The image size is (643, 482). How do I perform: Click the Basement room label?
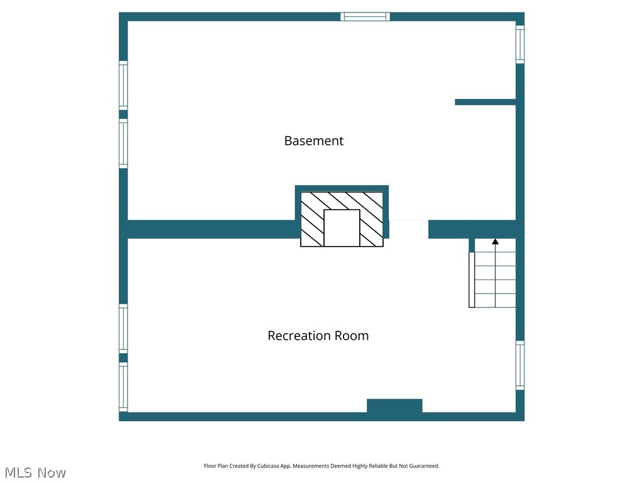pyautogui.click(x=313, y=141)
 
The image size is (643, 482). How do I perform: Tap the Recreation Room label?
pyautogui.click(x=318, y=336)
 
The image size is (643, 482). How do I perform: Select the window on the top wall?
pyautogui.click(x=365, y=16)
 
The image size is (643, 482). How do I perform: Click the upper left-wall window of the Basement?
pyautogui.click(x=123, y=85)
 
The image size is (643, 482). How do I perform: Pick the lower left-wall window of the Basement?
pyautogui.click(x=123, y=144)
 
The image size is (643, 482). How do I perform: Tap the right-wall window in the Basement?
pyautogui.click(x=520, y=44)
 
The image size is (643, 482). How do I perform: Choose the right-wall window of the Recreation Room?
pyautogui.click(x=520, y=365)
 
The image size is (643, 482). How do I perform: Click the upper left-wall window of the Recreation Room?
pyautogui.click(x=123, y=328)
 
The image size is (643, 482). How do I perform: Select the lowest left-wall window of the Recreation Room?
pyautogui.click(x=123, y=387)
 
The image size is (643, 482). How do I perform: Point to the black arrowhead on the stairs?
pyautogui.click(x=495, y=241)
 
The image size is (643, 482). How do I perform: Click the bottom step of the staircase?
pyautogui.click(x=495, y=301)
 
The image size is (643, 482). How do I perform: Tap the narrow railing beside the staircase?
pyautogui.click(x=472, y=280)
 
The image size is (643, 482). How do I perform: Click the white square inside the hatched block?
pyautogui.click(x=342, y=228)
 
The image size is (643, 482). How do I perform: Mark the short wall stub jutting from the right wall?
pyautogui.click(x=485, y=102)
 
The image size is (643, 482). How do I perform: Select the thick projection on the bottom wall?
pyautogui.click(x=394, y=405)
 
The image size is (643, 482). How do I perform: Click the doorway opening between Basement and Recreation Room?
pyautogui.click(x=408, y=229)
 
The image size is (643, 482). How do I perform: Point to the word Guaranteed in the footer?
pyautogui.click(x=425, y=466)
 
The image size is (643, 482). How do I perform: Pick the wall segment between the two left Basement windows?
pyautogui.click(x=123, y=114)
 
